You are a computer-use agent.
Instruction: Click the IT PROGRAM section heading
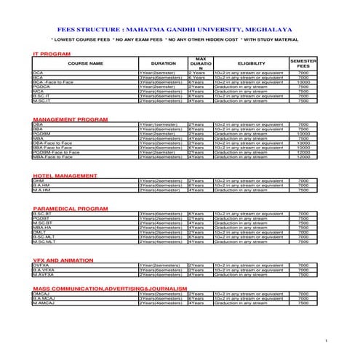(x=52, y=55)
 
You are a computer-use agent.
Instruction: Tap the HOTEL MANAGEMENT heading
(x=65, y=176)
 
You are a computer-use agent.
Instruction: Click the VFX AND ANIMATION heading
(x=63, y=259)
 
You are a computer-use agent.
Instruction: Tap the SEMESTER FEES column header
(x=303, y=64)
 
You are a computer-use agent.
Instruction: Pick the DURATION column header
(x=163, y=64)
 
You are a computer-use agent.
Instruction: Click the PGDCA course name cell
(x=40, y=87)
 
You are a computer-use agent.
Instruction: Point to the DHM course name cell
(x=39, y=181)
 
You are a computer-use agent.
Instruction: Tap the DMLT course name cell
(x=39, y=232)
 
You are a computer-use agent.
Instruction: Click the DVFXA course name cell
(x=41, y=264)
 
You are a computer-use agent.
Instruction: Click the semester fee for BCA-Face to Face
(x=303, y=82)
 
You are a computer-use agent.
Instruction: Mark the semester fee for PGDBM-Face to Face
(x=303, y=152)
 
